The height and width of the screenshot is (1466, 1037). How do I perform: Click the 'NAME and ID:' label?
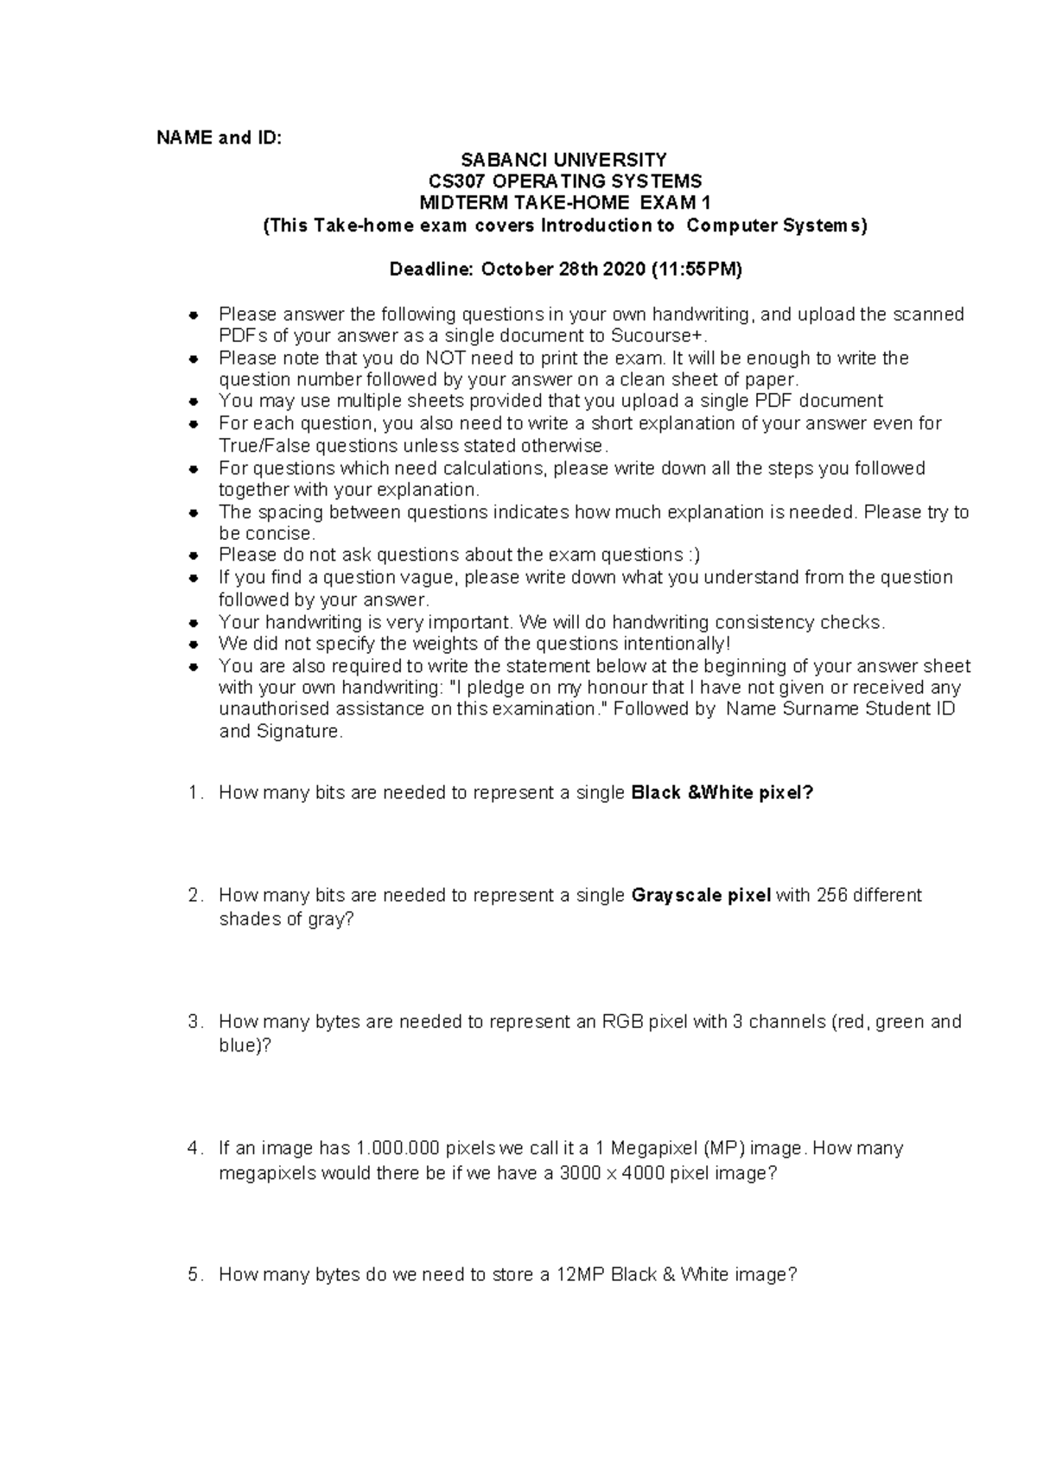point(219,138)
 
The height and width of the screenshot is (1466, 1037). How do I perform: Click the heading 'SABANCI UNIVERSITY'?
point(563,160)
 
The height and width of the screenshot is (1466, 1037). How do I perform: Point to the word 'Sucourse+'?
point(651,336)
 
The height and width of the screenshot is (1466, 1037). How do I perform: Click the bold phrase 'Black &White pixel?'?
point(722,793)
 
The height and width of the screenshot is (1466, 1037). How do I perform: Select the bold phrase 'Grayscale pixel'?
point(701,896)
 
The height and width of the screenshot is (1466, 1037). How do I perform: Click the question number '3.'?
point(195,1022)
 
